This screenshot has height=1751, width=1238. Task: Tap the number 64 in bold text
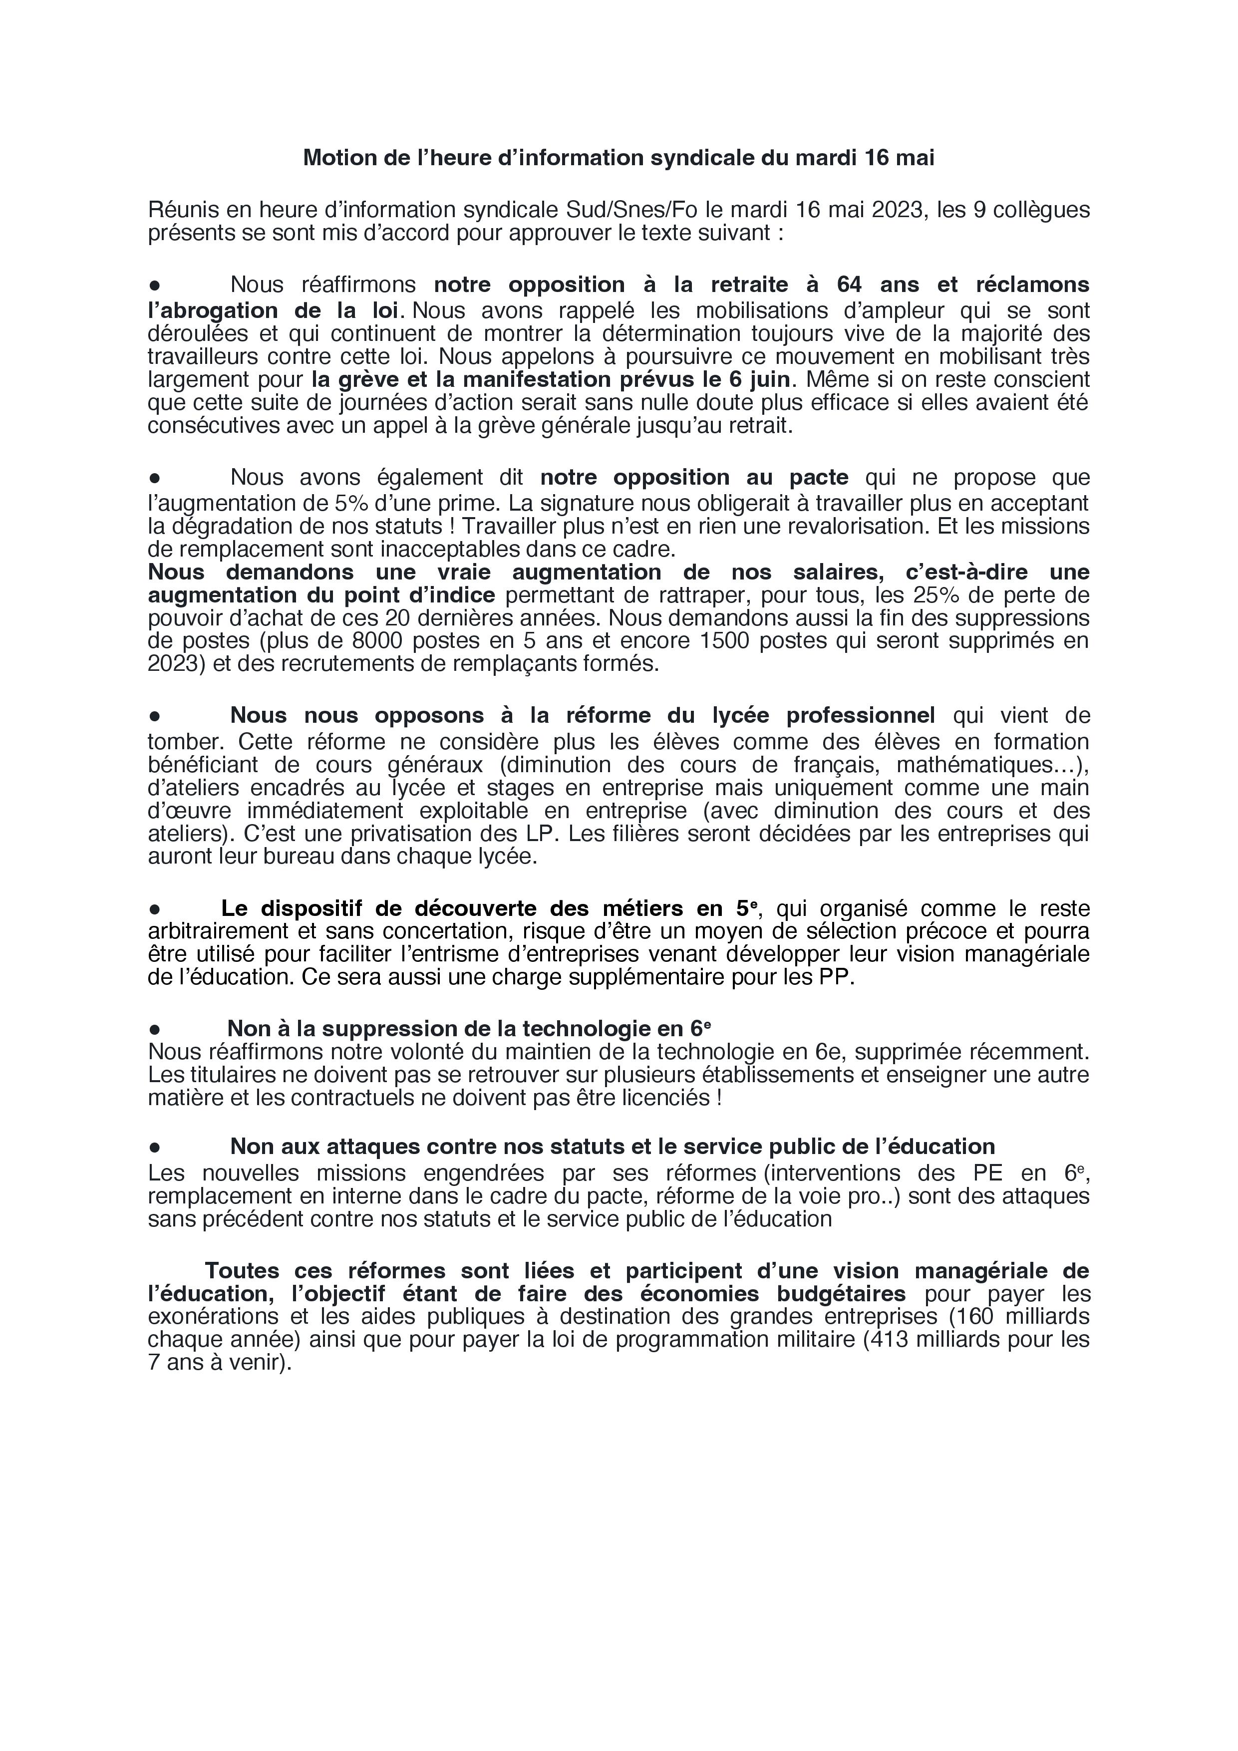point(849,285)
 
